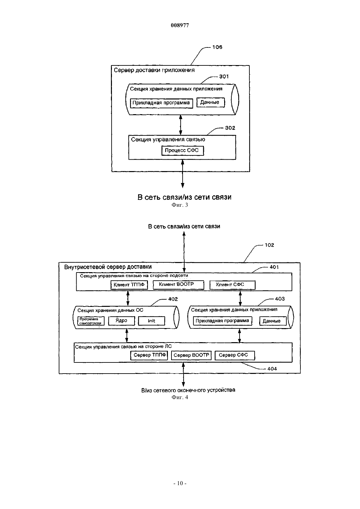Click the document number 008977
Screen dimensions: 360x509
pyautogui.click(x=180, y=25)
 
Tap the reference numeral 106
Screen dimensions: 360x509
pyautogui.click(x=217, y=47)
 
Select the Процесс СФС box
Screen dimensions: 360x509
pyautogui.click(x=183, y=151)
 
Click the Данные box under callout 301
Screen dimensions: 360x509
pyautogui.click(x=210, y=102)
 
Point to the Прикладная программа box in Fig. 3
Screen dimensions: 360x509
pyautogui.click(x=161, y=103)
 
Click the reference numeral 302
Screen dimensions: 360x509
pyautogui.click(x=230, y=128)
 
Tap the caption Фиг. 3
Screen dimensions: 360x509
pyautogui.click(x=180, y=205)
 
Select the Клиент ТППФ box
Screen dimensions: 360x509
pyautogui.click(x=129, y=285)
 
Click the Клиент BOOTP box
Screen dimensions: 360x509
pyautogui.click(x=178, y=285)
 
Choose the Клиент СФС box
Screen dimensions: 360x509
pyautogui.click(x=232, y=285)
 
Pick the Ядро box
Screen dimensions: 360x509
pyautogui.click(x=122, y=321)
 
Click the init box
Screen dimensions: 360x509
pyautogui.click(x=152, y=321)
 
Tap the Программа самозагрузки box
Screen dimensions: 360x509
pyautogui.click(x=91, y=321)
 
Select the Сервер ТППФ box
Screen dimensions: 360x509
pyautogui.click(x=149, y=355)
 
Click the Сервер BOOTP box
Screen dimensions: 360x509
pyautogui.click(x=191, y=355)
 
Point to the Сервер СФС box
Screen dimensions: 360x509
pyautogui.click(x=235, y=355)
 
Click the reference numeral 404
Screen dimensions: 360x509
pyautogui.click(x=272, y=369)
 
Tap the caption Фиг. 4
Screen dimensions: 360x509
pyautogui.click(x=180, y=397)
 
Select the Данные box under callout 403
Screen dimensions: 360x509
pyautogui.click(x=273, y=321)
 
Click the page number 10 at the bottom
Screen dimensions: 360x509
pyautogui.click(x=180, y=483)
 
